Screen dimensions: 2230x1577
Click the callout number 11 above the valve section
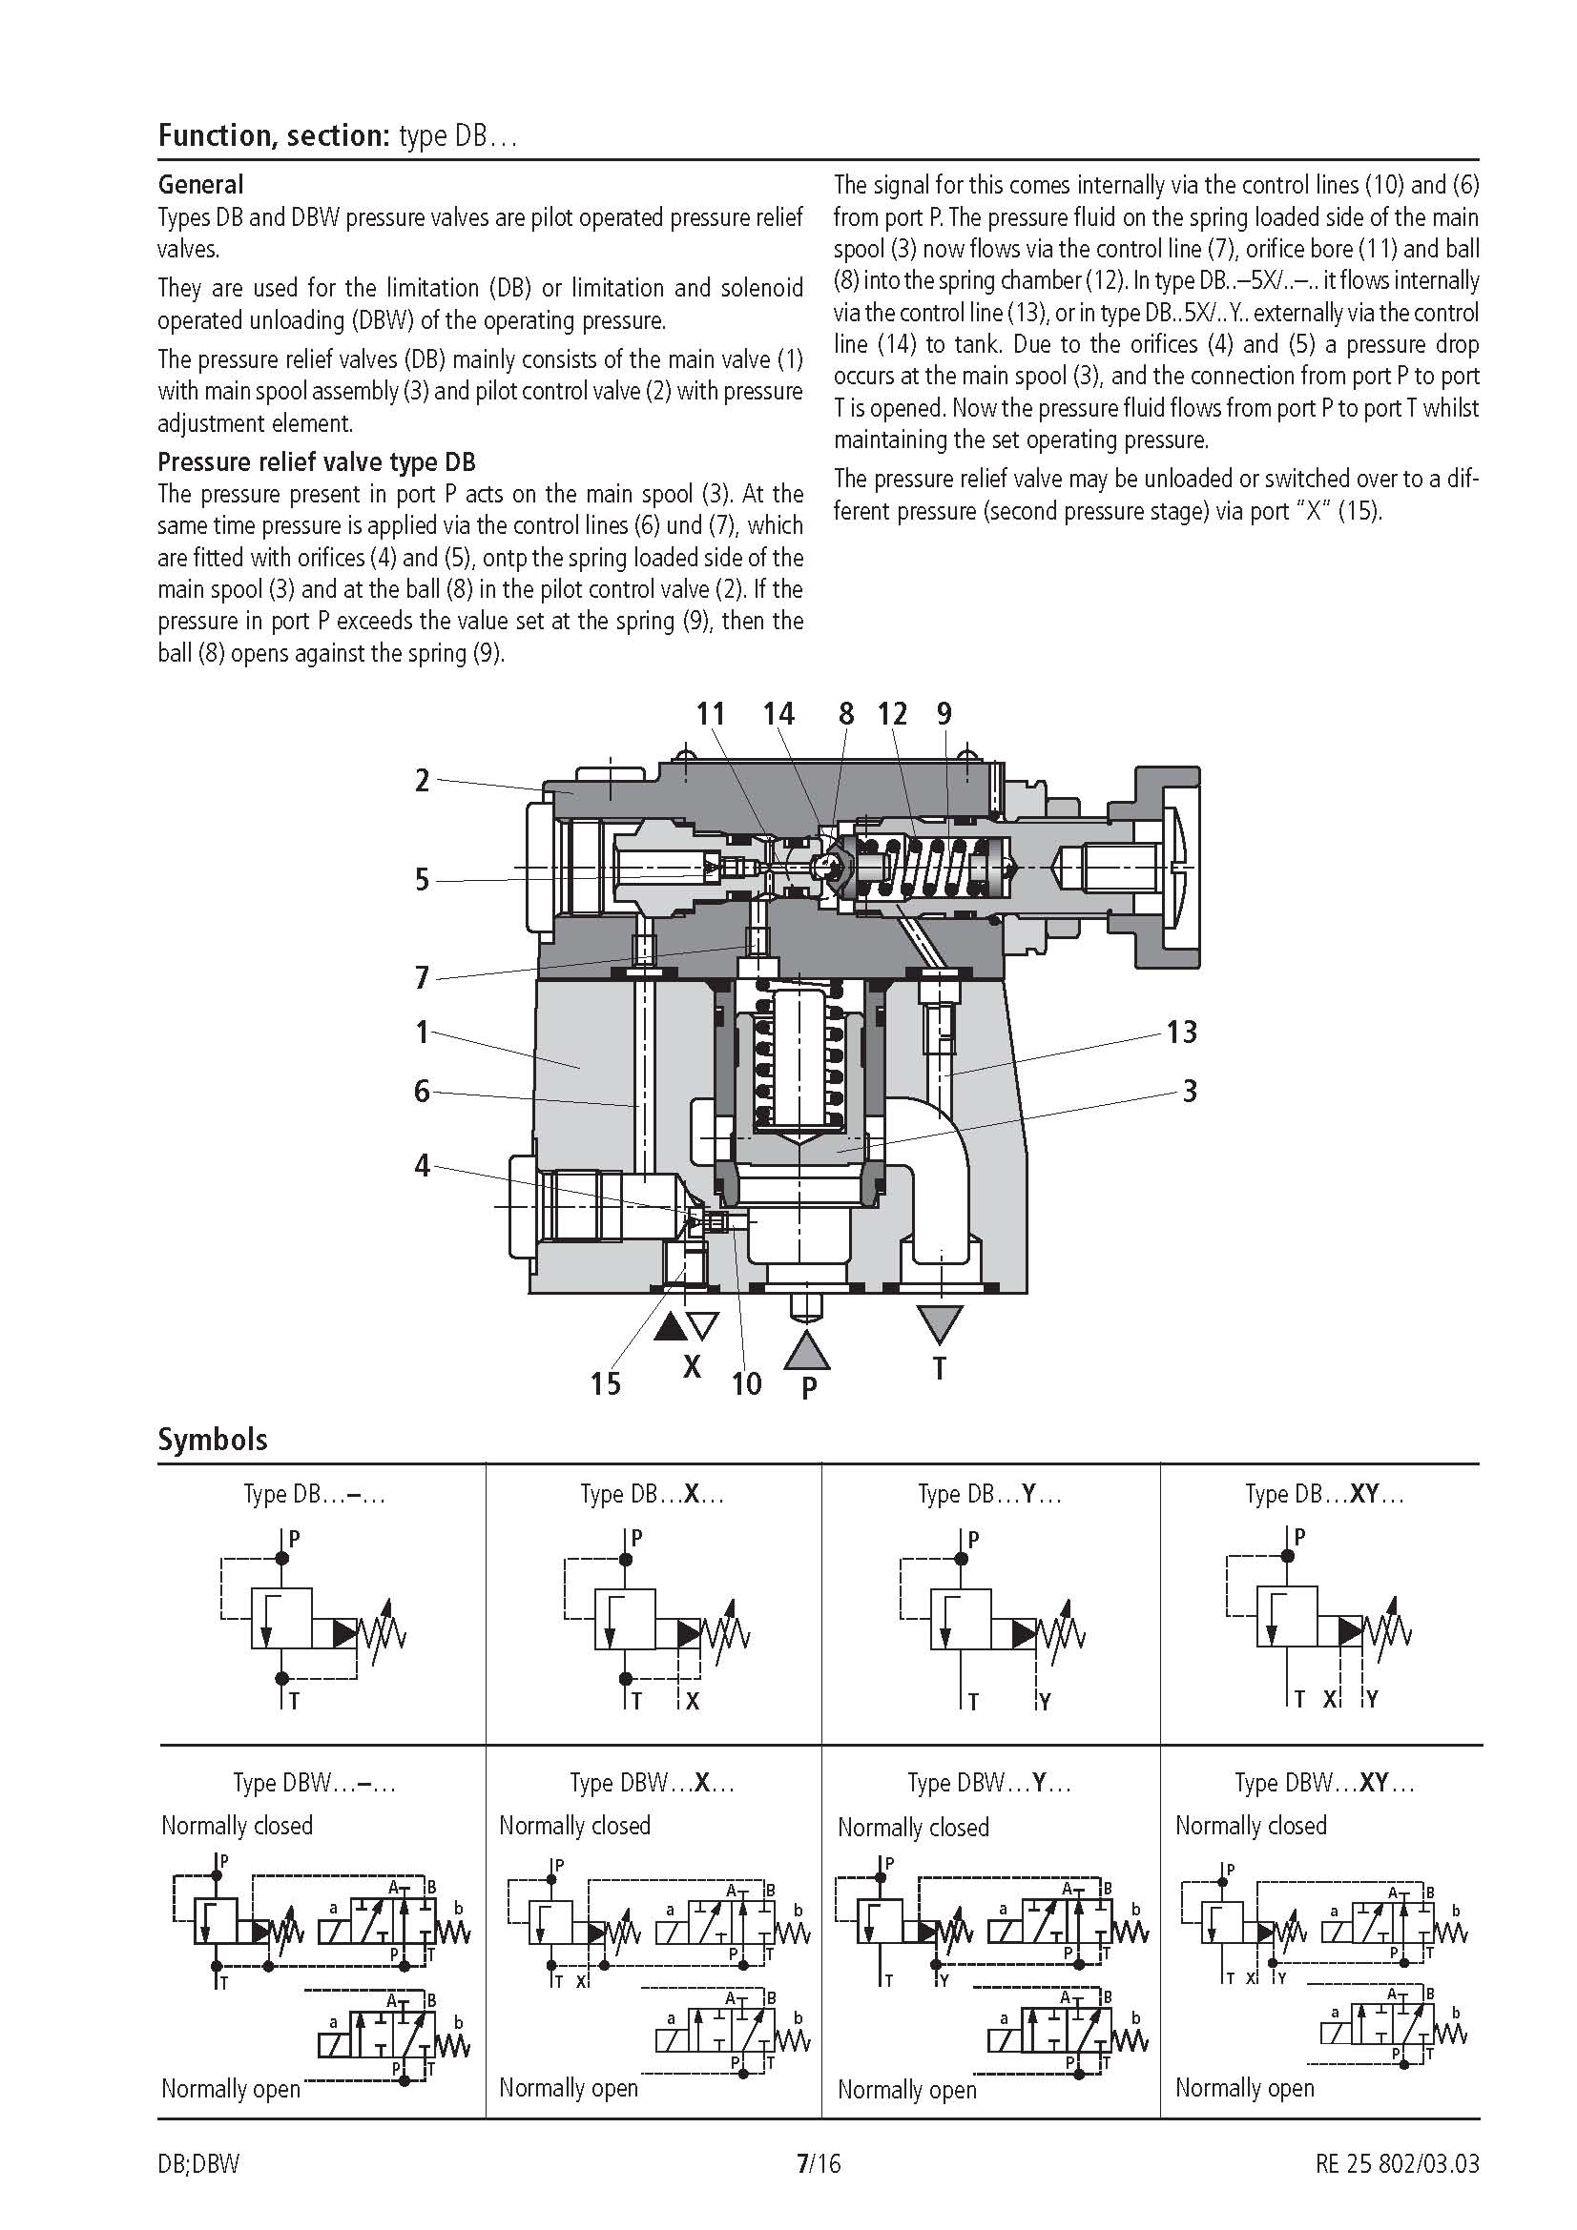pyautogui.click(x=711, y=714)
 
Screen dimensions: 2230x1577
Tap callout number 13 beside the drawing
pyautogui.click(x=1181, y=1032)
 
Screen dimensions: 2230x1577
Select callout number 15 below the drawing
pyautogui.click(x=606, y=1383)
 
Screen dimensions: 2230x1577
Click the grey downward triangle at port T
pyautogui.click(x=940, y=1323)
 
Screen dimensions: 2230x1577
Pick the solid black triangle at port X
pyautogui.click(x=670, y=1327)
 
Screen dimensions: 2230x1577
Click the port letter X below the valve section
pyautogui.click(x=692, y=1367)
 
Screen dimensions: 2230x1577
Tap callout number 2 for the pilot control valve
pyautogui.click(x=422, y=780)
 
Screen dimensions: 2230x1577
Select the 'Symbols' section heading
pyautogui.click(x=212, y=1439)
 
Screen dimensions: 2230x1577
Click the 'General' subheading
pyautogui.click(x=200, y=185)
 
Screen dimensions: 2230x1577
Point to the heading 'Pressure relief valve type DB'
pyautogui.click(x=317, y=461)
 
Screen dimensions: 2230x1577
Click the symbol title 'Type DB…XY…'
pyautogui.click(x=1324, y=1494)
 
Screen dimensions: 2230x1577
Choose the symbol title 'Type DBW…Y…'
pyautogui.click(x=989, y=1782)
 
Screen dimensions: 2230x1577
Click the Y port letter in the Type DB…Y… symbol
pyautogui.click(x=1045, y=1702)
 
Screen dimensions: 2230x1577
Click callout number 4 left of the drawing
pyautogui.click(x=422, y=1163)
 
